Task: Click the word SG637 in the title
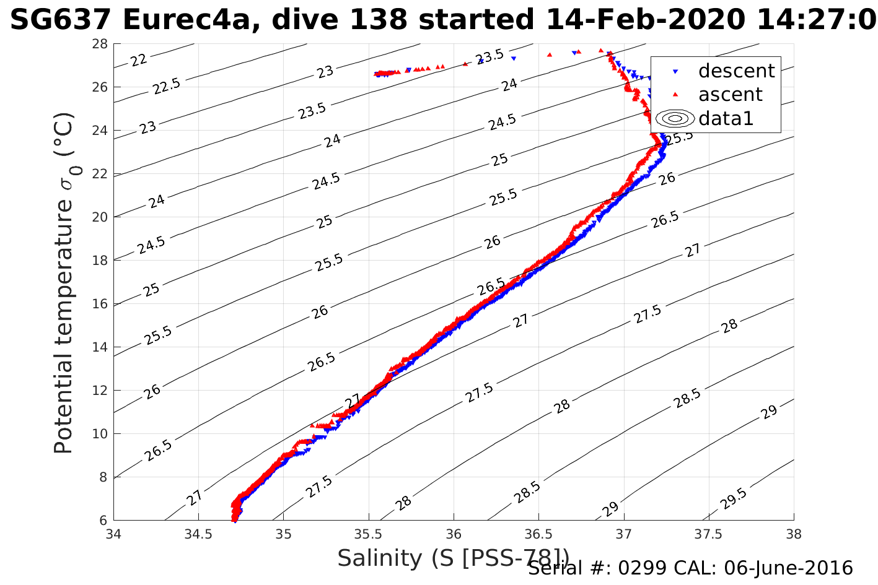[x=61, y=20]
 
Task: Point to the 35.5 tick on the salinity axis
[x=369, y=534]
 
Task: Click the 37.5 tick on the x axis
[x=709, y=534]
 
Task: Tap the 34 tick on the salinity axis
[x=114, y=534]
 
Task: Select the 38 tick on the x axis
[x=794, y=534]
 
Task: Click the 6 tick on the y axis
[x=103, y=520]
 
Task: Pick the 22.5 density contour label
[x=166, y=86]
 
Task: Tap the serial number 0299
[x=642, y=568]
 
